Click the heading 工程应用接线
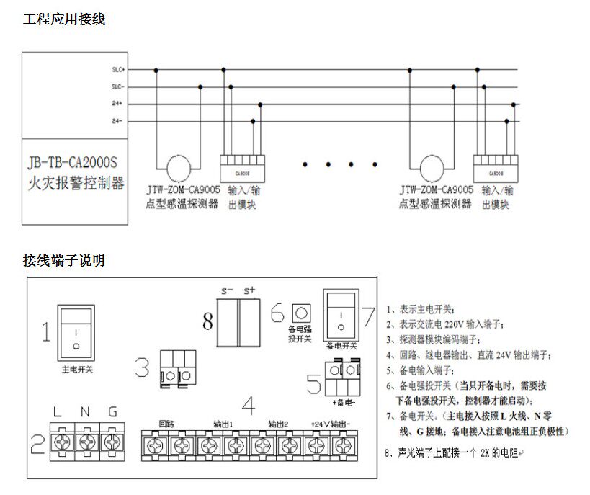pyautogui.click(x=64, y=19)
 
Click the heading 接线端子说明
pyautogui.click(x=64, y=260)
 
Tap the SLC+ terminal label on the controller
pyautogui.click(x=119, y=70)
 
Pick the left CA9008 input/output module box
pyautogui.click(x=241, y=167)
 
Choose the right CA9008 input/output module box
pyautogui.click(x=496, y=167)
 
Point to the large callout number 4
pyautogui.click(x=249, y=406)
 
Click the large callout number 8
pyautogui.click(x=208, y=321)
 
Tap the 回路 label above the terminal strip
pyautogui.click(x=166, y=423)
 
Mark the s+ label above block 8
pyautogui.click(x=250, y=290)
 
